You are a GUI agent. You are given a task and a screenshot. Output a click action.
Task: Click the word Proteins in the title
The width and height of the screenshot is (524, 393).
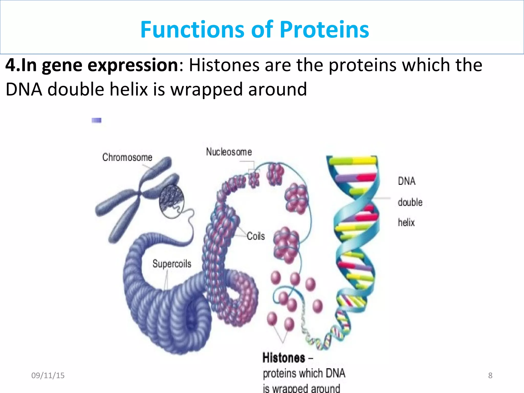[x=324, y=30]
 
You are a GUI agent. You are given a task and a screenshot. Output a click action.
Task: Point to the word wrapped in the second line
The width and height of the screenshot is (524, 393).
[x=206, y=90]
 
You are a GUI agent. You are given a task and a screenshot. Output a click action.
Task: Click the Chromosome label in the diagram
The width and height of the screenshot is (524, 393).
[x=127, y=157]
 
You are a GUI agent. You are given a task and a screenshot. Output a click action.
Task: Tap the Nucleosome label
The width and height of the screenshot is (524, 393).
[x=229, y=152]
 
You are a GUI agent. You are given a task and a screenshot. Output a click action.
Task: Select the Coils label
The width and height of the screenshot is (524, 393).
[x=256, y=236]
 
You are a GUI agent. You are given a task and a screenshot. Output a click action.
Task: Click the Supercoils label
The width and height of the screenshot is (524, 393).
[x=172, y=264]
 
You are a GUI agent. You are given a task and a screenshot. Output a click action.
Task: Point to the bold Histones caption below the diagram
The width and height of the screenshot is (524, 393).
[x=284, y=358]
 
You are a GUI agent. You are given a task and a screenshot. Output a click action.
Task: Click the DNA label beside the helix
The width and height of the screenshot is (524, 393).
[x=407, y=181]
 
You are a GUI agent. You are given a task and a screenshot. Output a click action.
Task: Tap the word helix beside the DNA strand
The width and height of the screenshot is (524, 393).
[x=406, y=222]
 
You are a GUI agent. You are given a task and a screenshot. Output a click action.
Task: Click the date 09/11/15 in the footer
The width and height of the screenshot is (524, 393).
[x=48, y=375]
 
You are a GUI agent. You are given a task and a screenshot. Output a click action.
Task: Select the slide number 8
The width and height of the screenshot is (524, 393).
[x=490, y=375]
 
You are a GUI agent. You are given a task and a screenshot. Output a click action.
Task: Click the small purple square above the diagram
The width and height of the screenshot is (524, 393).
[x=96, y=120]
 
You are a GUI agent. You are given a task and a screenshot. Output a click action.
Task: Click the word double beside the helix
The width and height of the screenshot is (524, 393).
[x=410, y=202]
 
